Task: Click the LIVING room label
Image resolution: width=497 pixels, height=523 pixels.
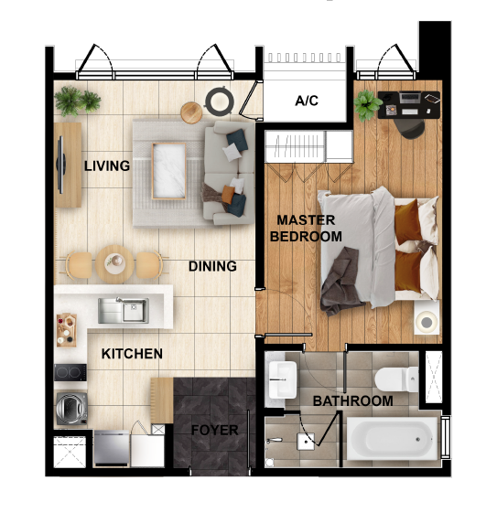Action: tap(107, 166)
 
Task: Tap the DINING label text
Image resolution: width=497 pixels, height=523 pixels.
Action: tap(212, 267)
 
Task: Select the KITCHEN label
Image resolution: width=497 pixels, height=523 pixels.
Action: tap(132, 354)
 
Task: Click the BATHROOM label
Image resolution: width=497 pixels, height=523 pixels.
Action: tap(352, 401)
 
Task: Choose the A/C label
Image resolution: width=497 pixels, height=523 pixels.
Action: tap(307, 101)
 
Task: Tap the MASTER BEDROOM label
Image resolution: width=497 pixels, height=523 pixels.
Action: tap(306, 229)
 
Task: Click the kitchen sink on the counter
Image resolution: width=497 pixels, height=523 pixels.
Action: tap(123, 311)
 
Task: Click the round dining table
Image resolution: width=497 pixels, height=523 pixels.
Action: tap(116, 261)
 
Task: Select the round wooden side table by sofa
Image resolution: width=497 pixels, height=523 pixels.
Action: tap(191, 112)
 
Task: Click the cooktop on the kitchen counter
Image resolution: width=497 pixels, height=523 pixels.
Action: tap(70, 372)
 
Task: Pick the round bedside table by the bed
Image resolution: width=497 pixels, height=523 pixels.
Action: tap(426, 322)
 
